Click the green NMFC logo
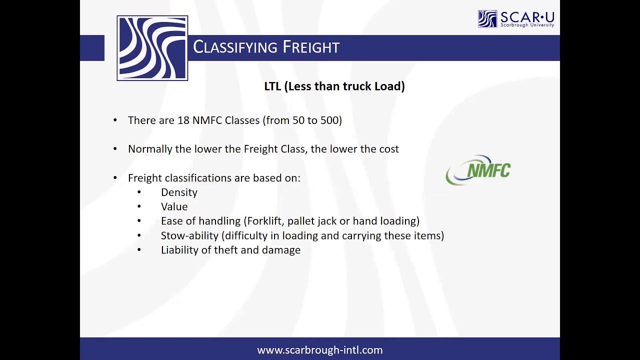click(x=478, y=170)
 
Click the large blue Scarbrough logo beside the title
click(x=152, y=48)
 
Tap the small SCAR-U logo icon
click(x=487, y=18)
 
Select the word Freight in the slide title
click(x=311, y=47)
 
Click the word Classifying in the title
click(x=235, y=47)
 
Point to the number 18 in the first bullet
click(x=183, y=120)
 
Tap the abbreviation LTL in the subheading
click(x=272, y=86)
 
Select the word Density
click(x=179, y=192)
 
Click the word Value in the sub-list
click(x=174, y=207)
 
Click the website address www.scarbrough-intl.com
click(x=320, y=350)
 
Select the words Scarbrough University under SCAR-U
click(x=527, y=24)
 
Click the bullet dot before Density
click(x=139, y=192)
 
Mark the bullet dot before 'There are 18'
click(x=115, y=120)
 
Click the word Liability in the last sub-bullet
click(x=179, y=250)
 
